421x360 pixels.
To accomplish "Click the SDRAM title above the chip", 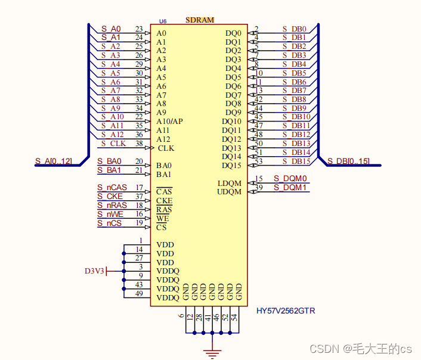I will coord(200,20).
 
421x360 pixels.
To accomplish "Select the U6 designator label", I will coord(163,22).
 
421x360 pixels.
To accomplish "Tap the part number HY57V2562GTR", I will coord(286,311).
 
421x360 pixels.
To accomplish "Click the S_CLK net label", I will coord(113,143).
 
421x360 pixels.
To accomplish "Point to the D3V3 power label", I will coord(94,271).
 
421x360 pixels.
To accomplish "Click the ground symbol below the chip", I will coord(210,353).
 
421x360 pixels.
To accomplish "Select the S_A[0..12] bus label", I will coord(53,161).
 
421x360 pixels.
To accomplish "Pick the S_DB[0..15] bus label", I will coord(348,161).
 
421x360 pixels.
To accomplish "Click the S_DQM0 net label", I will coord(290,178).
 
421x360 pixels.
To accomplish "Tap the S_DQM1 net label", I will coord(290,187).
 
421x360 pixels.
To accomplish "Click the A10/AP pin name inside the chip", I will coord(169,122).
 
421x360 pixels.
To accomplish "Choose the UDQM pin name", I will coord(230,192).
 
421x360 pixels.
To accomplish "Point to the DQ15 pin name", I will coord(231,166).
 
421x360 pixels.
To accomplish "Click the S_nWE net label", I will coord(112,214).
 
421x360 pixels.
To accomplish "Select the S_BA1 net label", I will coord(109,170).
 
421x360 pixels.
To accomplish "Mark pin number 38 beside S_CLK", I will coord(139,144).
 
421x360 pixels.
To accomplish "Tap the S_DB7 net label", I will coord(295,91).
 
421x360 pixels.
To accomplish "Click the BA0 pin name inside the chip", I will coord(164,166).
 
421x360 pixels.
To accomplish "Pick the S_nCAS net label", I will coord(112,187).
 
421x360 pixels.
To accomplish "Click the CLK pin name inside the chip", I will coord(166,148).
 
